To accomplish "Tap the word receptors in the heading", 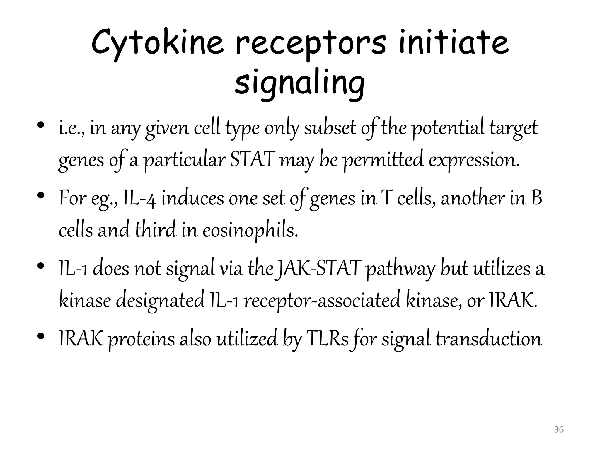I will click(311, 44).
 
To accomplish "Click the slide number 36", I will click(559, 430).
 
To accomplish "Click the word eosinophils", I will click(250, 231).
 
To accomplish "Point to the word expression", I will click(474, 161).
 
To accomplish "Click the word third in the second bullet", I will click(156, 231).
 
